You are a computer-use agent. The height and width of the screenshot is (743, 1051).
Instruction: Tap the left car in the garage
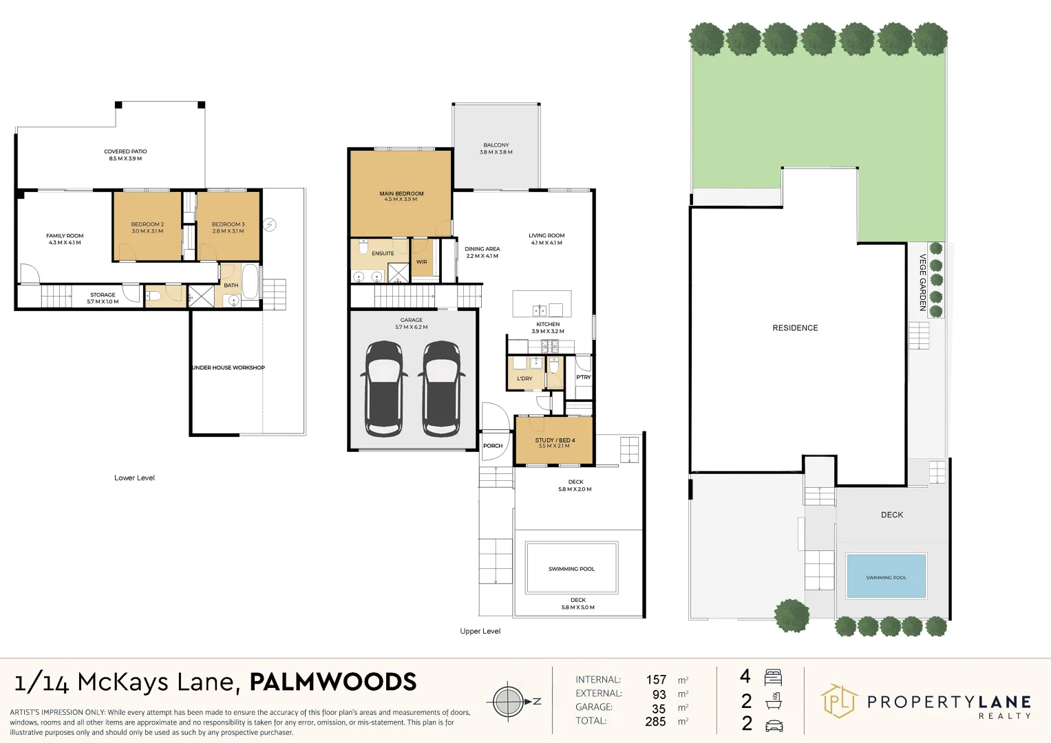(x=383, y=389)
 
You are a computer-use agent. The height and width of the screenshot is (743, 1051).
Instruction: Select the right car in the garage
(x=440, y=389)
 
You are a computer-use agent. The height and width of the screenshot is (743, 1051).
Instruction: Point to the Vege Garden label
(x=923, y=282)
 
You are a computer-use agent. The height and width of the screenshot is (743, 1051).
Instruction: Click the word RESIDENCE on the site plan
(x=795, y=328)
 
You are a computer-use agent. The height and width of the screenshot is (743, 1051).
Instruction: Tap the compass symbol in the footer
(x=508, y=702)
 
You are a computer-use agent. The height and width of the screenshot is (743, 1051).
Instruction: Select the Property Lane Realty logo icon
(x=838, y=702)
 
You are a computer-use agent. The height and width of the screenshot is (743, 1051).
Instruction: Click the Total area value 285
(x=655, y=722)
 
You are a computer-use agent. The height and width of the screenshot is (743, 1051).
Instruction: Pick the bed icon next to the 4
(x=774, y=677)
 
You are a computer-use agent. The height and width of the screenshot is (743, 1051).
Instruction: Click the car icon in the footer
(x=774, y=725)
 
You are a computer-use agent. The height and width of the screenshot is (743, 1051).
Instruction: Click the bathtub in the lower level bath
(x=250, y=281)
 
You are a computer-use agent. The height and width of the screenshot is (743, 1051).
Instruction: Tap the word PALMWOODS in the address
(x=332, y=682)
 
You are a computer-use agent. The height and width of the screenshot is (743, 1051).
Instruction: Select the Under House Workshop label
(x=229, y=367)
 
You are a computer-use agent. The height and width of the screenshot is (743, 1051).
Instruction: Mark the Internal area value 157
(x=656, y=680)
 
